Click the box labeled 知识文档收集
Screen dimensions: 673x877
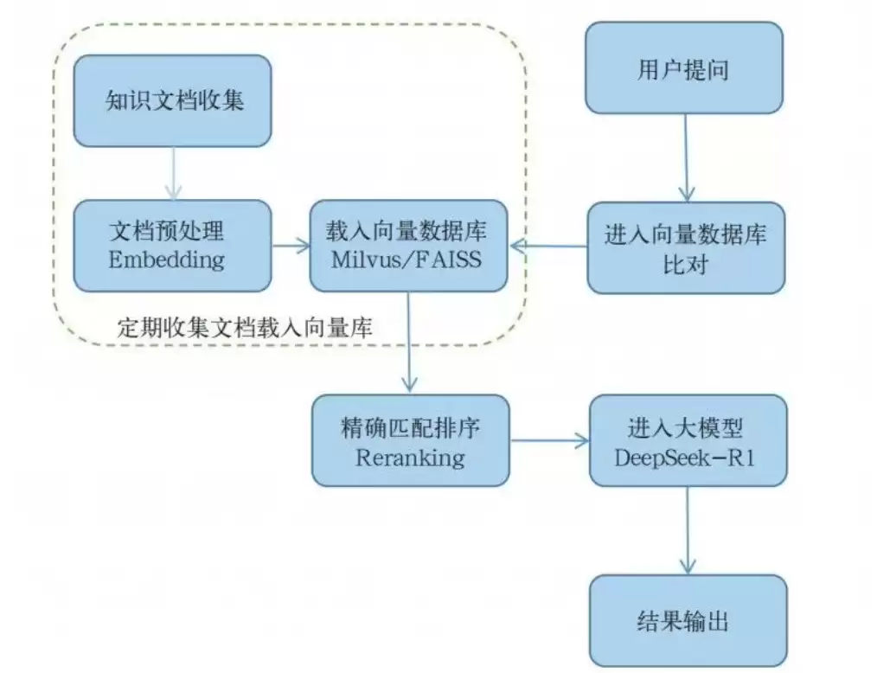click(x=172, y=101)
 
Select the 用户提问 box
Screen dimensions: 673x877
click(x=683, y=68)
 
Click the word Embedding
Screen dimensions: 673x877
click(x=167, y=260)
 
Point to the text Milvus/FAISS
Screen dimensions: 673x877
click(x=406, y=260)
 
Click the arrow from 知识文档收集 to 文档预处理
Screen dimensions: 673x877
click(x=173, y=173)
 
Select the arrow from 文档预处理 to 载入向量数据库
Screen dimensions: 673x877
click(x=291, y=246)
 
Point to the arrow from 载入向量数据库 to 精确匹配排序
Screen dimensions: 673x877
click(x=409, y=342)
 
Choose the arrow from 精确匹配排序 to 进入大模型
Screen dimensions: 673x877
click(x=549, y=441)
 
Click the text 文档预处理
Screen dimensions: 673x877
click(x=167, y=232)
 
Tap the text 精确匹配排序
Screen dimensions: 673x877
click(x=410, y=428)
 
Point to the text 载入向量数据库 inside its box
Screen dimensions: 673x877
click(x=406, y=232)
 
